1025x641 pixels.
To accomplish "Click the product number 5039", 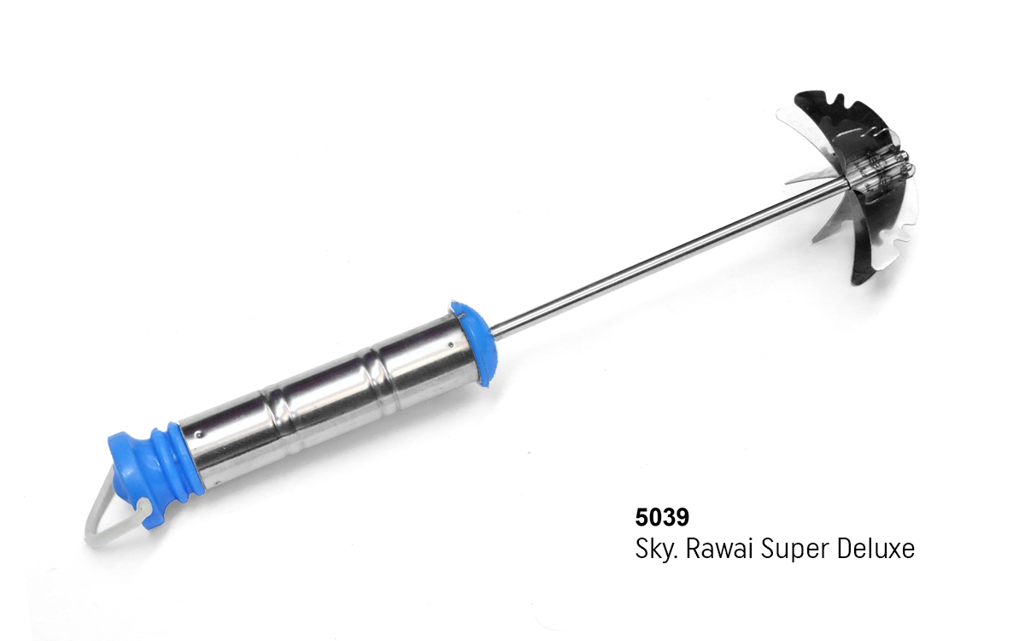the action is pos(662,517).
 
